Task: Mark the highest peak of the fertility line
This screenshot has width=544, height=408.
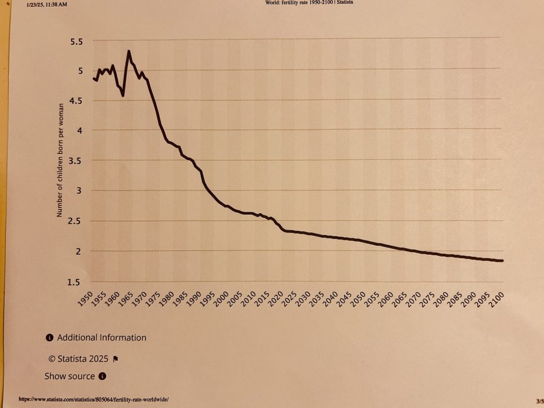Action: click(129, 52)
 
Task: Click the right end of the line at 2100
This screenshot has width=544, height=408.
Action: click(501, 261)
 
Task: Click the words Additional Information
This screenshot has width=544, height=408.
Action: click(101, 337)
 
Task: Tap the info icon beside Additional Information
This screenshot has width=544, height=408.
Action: click(50, 337)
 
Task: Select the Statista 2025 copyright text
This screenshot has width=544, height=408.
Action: click(78, 358)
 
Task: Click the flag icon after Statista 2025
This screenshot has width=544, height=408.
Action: click(116, 359)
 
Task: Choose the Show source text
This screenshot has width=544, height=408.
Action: click(70, 376)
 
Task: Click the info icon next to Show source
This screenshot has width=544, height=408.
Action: click(103, 376)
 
